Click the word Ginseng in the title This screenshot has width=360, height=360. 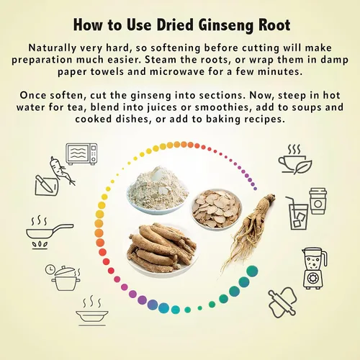pos(226,25)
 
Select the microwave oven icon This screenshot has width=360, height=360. pos(81,154)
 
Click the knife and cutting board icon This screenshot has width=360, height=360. pos(47,185)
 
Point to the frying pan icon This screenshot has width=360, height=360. pos(50,233)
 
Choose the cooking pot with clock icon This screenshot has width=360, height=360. pos(63,278)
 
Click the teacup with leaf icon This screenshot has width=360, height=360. pos(295,159)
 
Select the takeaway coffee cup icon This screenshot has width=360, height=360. pos(318,201)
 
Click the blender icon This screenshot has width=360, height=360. pos(314,268)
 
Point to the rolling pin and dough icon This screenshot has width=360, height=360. pos(282,302)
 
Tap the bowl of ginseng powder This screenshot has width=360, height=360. pos(157,189)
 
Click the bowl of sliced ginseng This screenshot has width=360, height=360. pos(217,209)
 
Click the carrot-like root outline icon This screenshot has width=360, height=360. pos(62,171)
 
